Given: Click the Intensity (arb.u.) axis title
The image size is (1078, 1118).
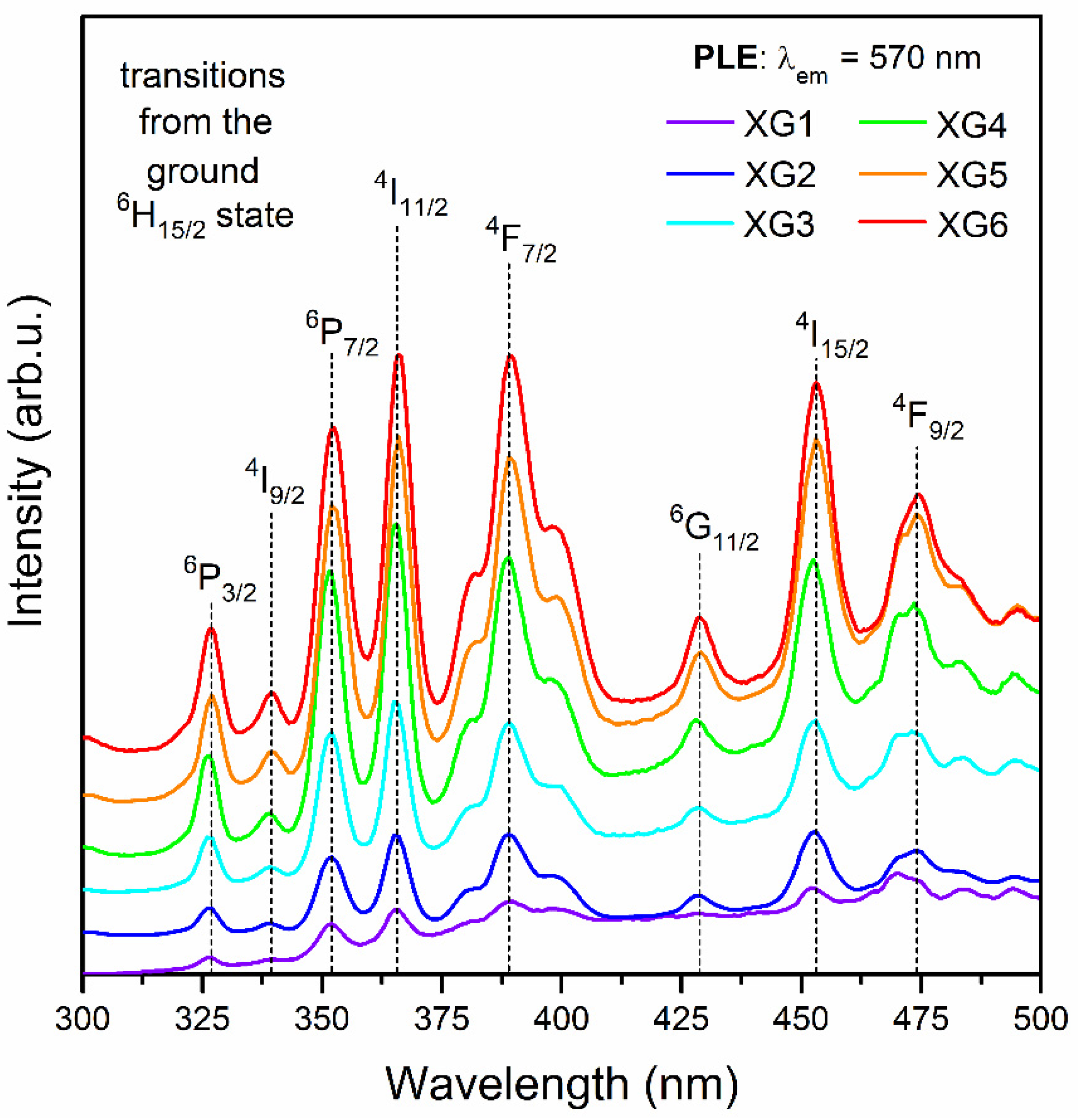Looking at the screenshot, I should [27, 462].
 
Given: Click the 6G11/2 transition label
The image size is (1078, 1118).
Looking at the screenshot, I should [714, 529].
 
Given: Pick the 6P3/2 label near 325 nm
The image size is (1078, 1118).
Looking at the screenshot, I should [220, 581].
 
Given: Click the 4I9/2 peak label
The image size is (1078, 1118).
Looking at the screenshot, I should [275, 484].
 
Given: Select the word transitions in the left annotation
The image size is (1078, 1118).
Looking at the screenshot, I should [203, 76].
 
